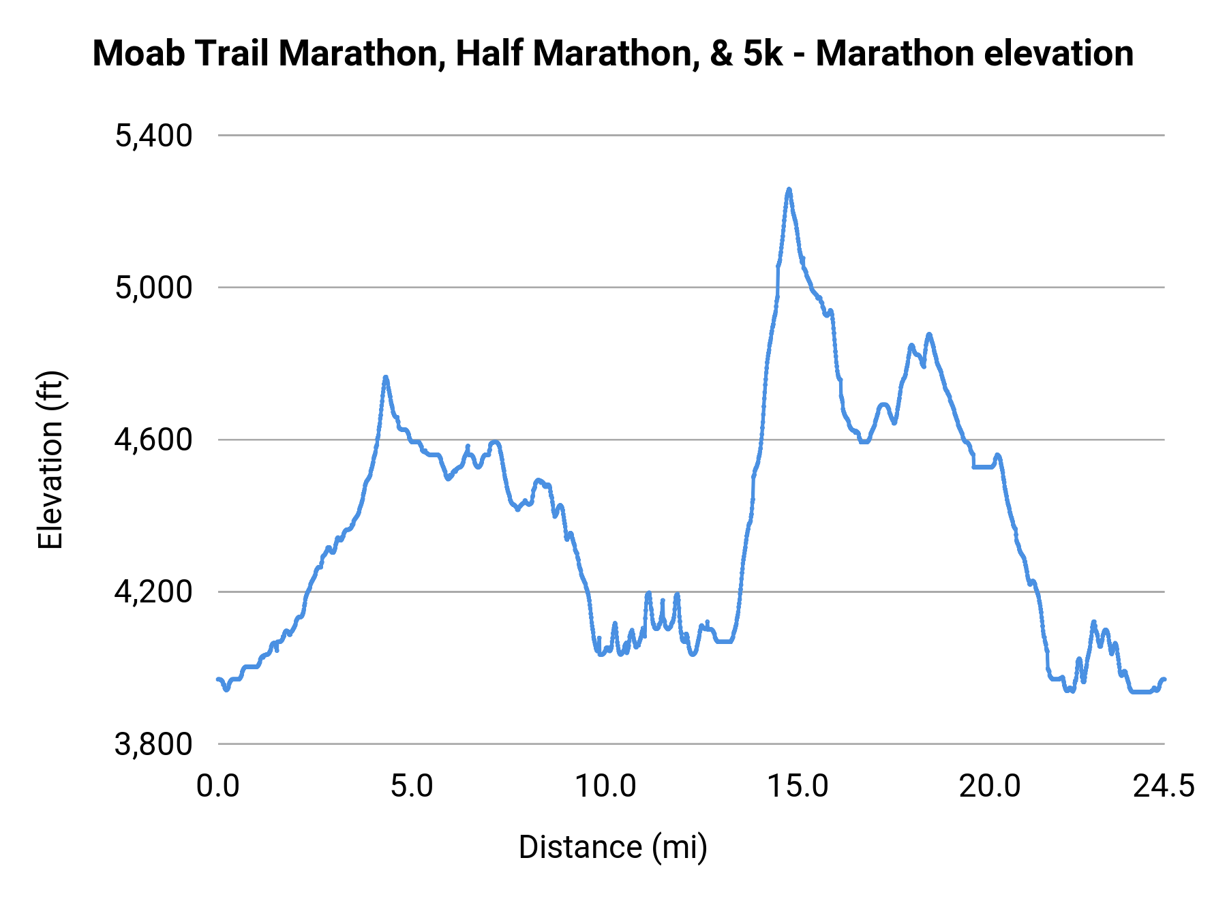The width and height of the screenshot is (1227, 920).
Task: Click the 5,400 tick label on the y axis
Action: tap(153, 136)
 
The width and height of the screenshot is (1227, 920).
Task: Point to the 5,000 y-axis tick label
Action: tap(153, 288)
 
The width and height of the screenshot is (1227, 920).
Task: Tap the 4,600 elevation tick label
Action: tap(153, 440)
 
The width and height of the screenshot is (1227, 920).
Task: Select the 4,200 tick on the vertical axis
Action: tap(153, 592)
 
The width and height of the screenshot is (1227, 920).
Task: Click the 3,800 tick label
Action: tap(153, 744)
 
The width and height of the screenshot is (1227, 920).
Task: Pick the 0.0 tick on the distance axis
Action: tap(218, 786)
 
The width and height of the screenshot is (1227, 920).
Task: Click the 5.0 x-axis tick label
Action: tap(412, 786)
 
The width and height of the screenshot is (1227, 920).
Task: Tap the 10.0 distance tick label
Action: tap(605, 786)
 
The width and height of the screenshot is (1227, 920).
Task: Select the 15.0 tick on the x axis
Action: tap(798, 786)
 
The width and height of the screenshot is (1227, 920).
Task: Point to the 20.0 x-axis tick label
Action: tap(990, 786)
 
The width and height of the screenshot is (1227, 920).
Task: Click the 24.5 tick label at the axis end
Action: tap(1164, 786)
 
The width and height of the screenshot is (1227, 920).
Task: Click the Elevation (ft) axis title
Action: tap(50, 460)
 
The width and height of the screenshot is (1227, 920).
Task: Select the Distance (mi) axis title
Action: tap(613, 847)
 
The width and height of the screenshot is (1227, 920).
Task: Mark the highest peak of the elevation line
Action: tap(789, 189)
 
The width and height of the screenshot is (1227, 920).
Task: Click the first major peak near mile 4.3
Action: tap(386, 377)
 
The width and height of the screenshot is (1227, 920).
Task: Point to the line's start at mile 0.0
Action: tap(218, 679)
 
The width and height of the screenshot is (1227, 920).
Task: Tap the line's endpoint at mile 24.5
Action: tap(1164, 679)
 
